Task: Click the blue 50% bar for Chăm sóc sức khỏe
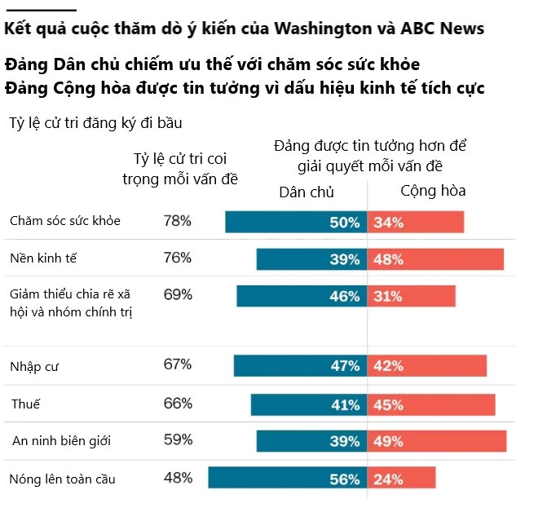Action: (x=295, y=222)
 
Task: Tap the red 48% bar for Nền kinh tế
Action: (x=435, y=259)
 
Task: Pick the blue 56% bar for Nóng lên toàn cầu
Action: (x=287, y=478)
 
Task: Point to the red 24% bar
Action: (x=401, y=478)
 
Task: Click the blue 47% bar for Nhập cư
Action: (x=299, y=366)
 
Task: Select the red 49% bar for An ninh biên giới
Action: (x=437, y=441)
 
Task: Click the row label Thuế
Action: (x=26, y=404)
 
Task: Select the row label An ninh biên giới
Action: (x=61, y=441)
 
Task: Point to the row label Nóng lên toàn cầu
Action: (x=62, y=479)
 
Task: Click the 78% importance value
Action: (x=177, y=220)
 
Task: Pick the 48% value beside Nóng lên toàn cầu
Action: (x=177, y=478)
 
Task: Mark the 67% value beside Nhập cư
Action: (x=177, y=364)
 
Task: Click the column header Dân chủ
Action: (x=307, y=192)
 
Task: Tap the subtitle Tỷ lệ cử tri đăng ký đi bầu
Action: (x=95, y=123)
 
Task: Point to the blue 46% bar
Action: (x=301, y=296)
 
